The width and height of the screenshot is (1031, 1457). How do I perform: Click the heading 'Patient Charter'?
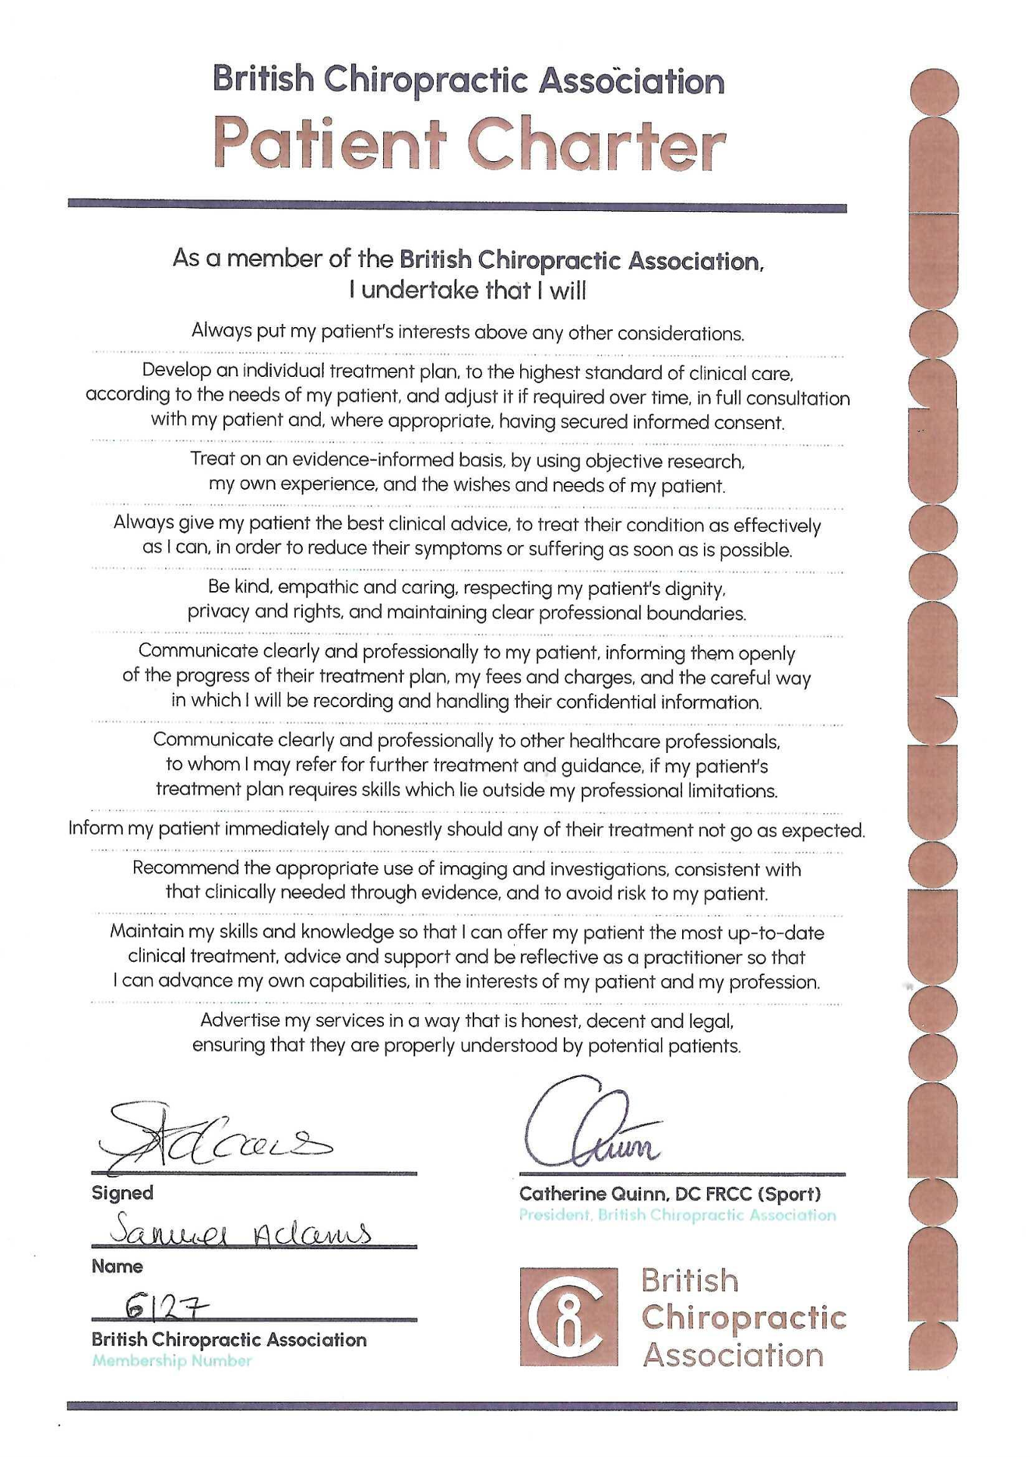pyautogui.click(x=470, y=146)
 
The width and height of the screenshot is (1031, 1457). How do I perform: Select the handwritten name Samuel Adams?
pyautogui.click(x=241, y=1231)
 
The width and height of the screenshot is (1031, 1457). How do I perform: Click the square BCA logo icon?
pyautogui.click(x=568, y=1317)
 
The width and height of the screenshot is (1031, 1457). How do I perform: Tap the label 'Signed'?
pyautogui.click(x=122, y=1193)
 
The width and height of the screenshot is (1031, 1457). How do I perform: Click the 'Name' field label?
pyautogui.click(x=117, y=1266)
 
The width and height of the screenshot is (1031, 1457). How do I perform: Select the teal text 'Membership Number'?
pyautogui.click(x=172, y=1360)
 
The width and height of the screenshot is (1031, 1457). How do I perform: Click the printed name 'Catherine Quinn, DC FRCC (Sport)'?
pyautogui.click(x=670, y=1194)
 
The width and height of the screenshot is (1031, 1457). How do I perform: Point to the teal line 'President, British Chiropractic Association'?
pyautogui.click(x=677, y=1215)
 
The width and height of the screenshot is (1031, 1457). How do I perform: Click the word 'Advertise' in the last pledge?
pyautogui.click(x=239, y=1020)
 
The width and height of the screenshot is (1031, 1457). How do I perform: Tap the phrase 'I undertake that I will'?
pyautogui.click(x=467, y=290)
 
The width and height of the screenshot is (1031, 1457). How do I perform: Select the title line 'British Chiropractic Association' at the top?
pyautogui.click(x=468, y=80)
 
